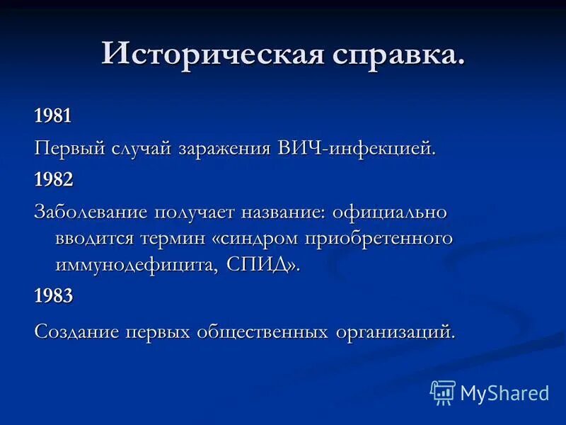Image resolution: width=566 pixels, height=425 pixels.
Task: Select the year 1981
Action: [53, 116]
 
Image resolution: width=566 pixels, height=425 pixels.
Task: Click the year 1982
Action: [53, 180]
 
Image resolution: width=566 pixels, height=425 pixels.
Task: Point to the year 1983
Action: [53, 296]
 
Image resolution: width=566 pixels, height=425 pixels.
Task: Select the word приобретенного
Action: [379, 239]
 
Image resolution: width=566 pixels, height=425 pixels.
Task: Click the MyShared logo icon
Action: [443, 392]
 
